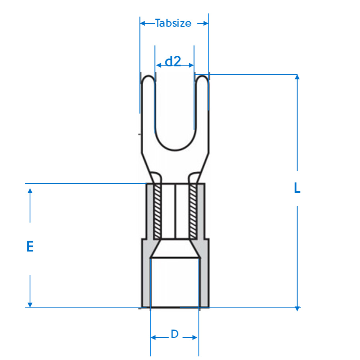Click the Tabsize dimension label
point(173,23)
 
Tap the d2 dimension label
point(173,61)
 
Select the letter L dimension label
point(297,188)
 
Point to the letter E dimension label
point(30,246)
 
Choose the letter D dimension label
point(175,334)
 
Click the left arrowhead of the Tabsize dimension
point(142,23)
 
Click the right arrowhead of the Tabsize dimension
point(206,23)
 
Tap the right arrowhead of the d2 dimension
point(191,65)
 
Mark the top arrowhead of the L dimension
point(297,77)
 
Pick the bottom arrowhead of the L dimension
point(297,309)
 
